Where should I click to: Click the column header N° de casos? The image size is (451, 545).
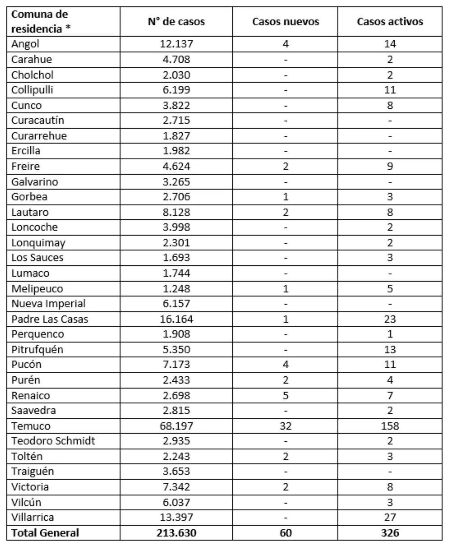coord(176,22)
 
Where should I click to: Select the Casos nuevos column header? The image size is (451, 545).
coord(285,22)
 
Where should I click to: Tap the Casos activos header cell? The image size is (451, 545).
coord(390,22)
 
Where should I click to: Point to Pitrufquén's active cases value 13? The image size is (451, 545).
coord(390,350)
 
